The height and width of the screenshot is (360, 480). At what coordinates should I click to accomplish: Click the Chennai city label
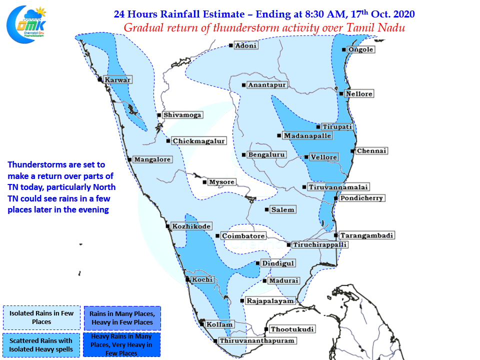coord(371,151)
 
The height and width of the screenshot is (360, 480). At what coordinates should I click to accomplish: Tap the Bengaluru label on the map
coord(266,154)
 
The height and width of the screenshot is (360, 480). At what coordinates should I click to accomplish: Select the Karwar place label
coord(117,80)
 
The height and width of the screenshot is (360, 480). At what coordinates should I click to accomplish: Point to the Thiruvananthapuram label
coord(257,340)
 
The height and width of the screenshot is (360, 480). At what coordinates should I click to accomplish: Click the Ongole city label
coord(361,49)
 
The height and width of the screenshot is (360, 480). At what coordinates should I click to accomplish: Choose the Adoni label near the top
coord(246,45)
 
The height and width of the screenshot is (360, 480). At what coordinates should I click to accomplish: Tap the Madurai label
coord(283,280)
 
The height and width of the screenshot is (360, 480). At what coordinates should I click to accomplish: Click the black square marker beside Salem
coord(266,209)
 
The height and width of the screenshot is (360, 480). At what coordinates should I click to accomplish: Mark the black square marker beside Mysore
coord(204,182)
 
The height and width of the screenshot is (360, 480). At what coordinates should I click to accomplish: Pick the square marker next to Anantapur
coord(243,85)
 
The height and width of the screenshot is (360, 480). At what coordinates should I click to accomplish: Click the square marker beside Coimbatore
coord(217,236)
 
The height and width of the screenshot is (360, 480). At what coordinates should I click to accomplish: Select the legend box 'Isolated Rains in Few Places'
coord(41,317)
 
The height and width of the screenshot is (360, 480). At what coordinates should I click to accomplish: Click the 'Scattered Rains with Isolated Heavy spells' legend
coord(41,345)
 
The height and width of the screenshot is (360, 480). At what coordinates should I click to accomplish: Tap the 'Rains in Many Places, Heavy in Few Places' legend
coord(122,318)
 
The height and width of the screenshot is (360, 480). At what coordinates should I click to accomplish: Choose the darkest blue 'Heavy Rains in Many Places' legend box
coord(121,344)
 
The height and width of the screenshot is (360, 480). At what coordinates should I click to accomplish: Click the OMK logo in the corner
coord(26,24)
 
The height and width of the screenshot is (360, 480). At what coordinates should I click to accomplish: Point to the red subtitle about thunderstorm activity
coord(264,28)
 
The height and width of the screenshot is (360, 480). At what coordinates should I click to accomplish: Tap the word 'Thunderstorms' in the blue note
coord(38,164)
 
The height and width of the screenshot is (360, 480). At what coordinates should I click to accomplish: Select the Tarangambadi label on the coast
coord(366,235)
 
